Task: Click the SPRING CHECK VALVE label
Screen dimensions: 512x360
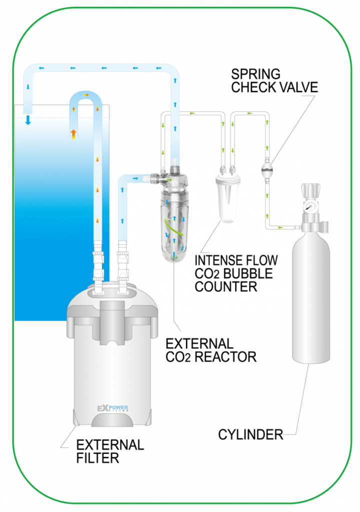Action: tap(274, 80)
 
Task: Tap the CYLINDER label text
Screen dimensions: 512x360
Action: tap(250, 434)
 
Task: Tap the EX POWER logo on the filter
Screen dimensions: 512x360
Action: tap(112, 408)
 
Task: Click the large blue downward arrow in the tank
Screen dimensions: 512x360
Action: tap(28, 119)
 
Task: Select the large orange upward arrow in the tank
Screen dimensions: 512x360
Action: tap(73, 133)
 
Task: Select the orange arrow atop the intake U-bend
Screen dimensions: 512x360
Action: tap(86, 94)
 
